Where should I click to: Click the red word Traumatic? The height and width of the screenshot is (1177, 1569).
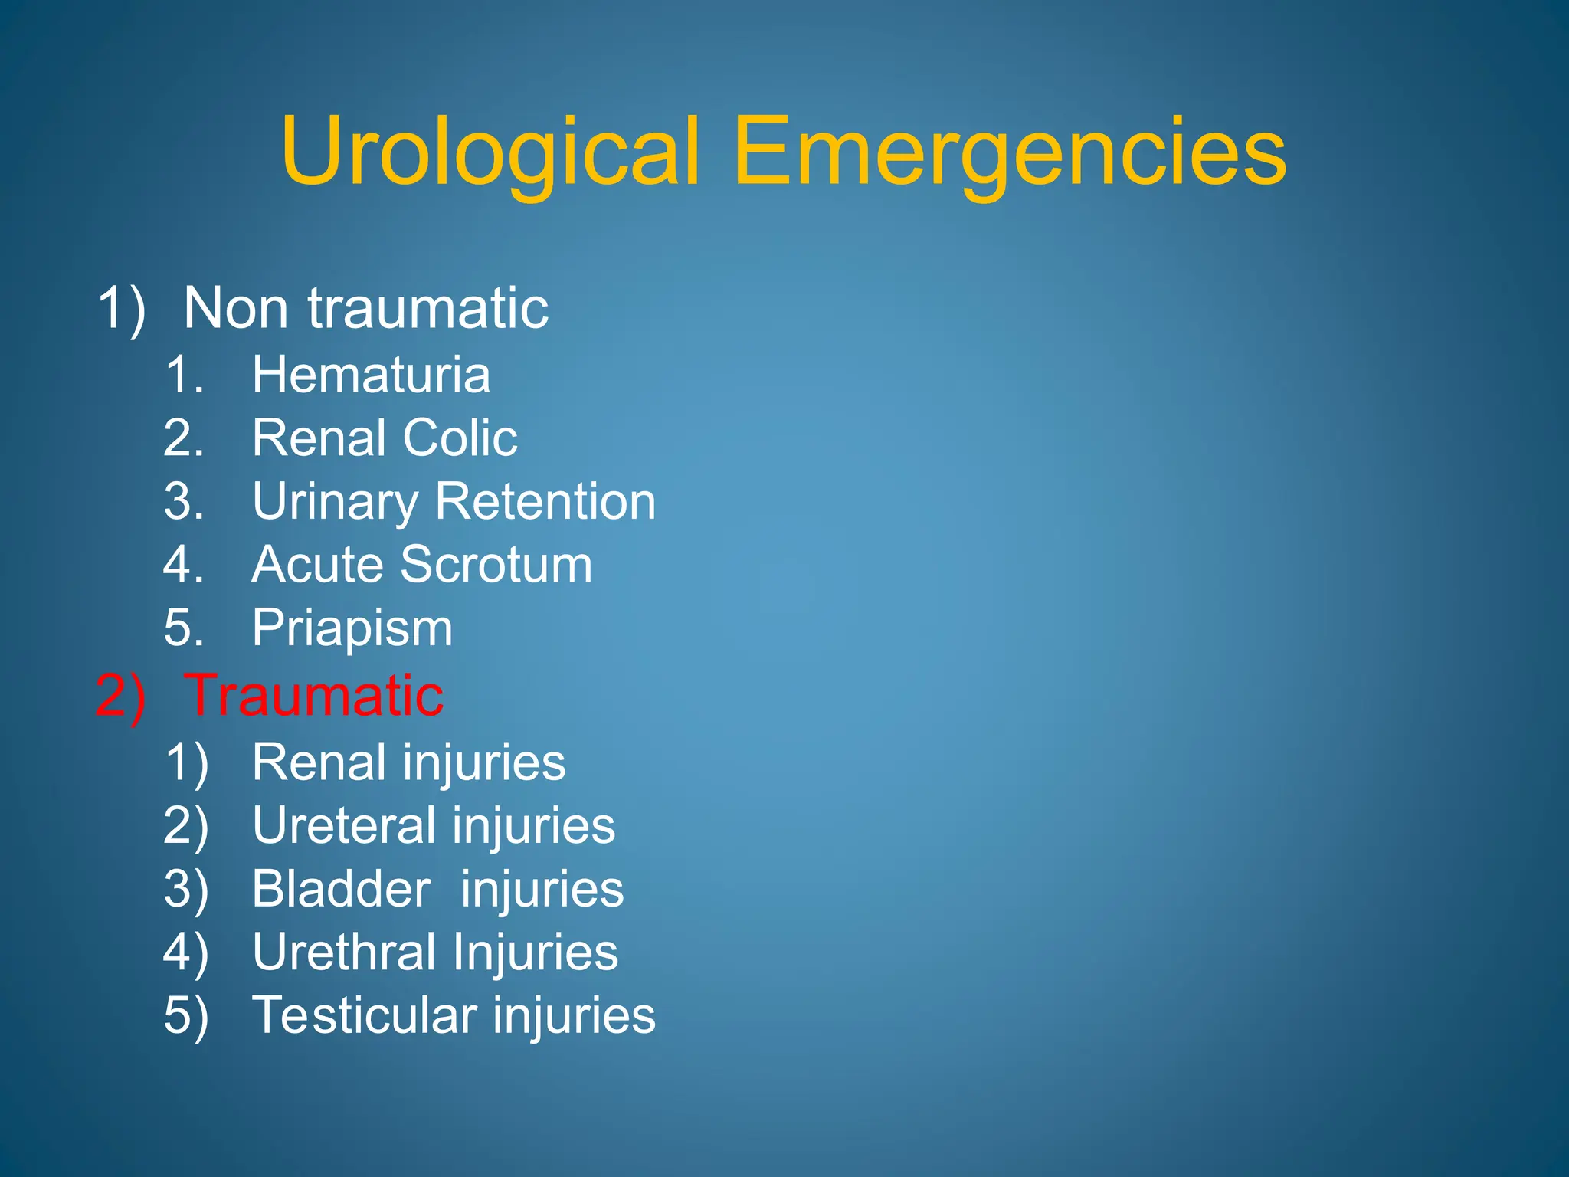(x=314, y=696)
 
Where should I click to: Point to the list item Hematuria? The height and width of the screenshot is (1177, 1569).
(x=371, y=375)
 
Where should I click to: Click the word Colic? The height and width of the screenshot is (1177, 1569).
(x=460, y=438)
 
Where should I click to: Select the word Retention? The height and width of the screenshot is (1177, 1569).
(x=545, y=502)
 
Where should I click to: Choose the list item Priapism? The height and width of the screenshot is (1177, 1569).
(x=352, y=628)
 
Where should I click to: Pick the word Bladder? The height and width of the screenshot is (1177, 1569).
(x=342, y=889)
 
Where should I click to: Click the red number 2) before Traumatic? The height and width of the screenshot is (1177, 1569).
(x=120, y=696)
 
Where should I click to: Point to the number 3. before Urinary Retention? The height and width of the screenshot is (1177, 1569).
(x=184, y=502)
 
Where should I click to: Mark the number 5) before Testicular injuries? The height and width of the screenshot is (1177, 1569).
(x=185, y=1015)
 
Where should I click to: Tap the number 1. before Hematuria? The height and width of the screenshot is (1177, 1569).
(x=185, y=375)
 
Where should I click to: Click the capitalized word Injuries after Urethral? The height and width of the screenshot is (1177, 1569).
(x=535, y=952)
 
